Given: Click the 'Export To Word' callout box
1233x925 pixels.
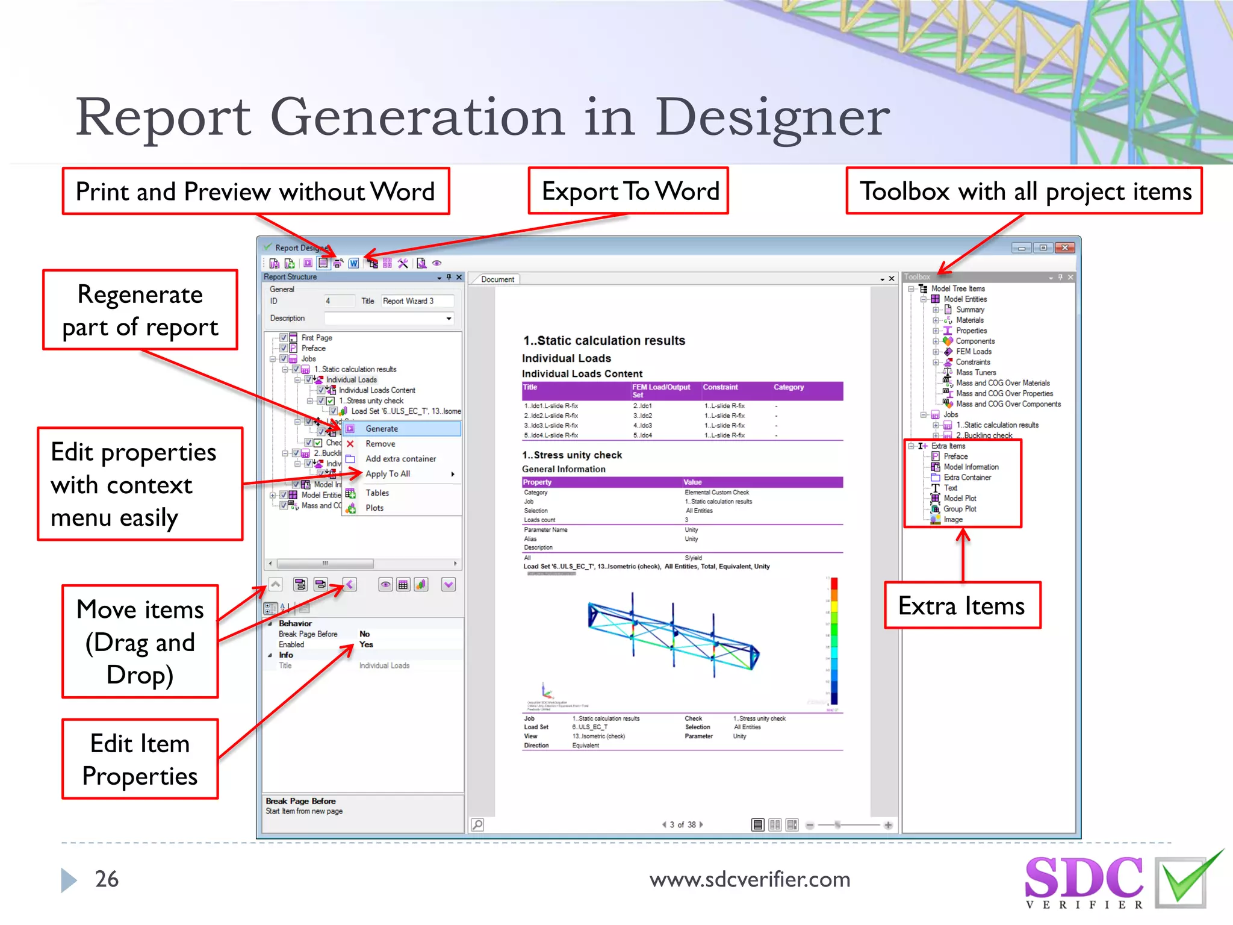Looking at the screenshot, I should [x=629, y=192].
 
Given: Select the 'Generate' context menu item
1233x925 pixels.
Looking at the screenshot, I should [x=382, y=429].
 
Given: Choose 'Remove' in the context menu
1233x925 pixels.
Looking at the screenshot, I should [x=380, y=444].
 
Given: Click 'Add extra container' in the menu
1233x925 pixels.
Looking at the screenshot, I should [x=400, y=459].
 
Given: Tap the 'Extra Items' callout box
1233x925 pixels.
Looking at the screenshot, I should [x=961, y=606].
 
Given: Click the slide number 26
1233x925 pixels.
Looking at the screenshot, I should [x=107, y=879].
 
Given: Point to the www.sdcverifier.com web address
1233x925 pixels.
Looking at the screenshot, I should [x=750, y=880].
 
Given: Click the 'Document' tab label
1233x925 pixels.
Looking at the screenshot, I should [x=497, y=279].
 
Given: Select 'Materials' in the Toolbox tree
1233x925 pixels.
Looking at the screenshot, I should [x=969, y=320].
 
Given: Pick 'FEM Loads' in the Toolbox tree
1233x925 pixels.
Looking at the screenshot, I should [x=973, y=352].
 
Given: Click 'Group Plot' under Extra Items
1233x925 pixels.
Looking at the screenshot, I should [x=960, y=509].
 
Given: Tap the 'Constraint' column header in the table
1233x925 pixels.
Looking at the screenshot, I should [x=720, y=387].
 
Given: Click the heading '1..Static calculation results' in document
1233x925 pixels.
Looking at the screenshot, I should [x=604, y=341].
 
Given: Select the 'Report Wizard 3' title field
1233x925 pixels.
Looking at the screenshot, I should [x=417, y=301].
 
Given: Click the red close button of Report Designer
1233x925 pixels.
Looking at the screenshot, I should [x=1064, y=248].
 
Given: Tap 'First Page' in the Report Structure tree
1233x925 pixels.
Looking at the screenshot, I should [x=317, y=338].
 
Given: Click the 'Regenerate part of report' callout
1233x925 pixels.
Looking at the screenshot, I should [x=140, y=310].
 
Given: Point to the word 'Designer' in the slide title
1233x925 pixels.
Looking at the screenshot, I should [x=772, y=119].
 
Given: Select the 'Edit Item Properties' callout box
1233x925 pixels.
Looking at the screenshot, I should [x=140, y=759].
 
